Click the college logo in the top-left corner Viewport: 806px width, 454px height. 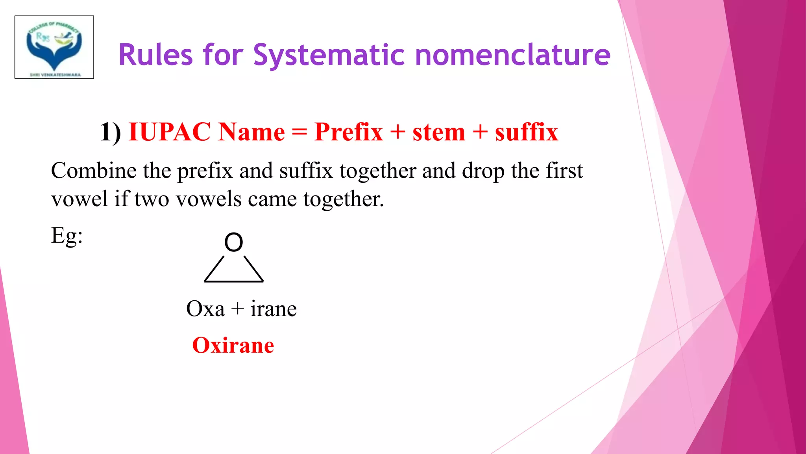pos(54,47)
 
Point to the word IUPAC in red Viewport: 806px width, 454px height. pos(169,132)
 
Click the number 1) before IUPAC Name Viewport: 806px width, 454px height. pos(110,132)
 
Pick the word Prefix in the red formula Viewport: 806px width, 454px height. pos(349,132)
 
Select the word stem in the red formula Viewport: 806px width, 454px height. pos(439,132)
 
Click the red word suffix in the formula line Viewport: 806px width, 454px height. pos(526,132)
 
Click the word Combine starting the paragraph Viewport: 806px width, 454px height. pos(93,171)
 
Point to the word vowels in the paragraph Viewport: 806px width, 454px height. pos(208,199)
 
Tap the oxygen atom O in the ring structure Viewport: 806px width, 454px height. pos(233,242)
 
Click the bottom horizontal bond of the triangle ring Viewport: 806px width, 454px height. pos(234,281)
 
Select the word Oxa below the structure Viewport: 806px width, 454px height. pos(205,309)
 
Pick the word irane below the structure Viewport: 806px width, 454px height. pos(274,309)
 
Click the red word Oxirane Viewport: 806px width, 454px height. pos(233,346)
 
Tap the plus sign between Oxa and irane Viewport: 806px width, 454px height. pos(238,309)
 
